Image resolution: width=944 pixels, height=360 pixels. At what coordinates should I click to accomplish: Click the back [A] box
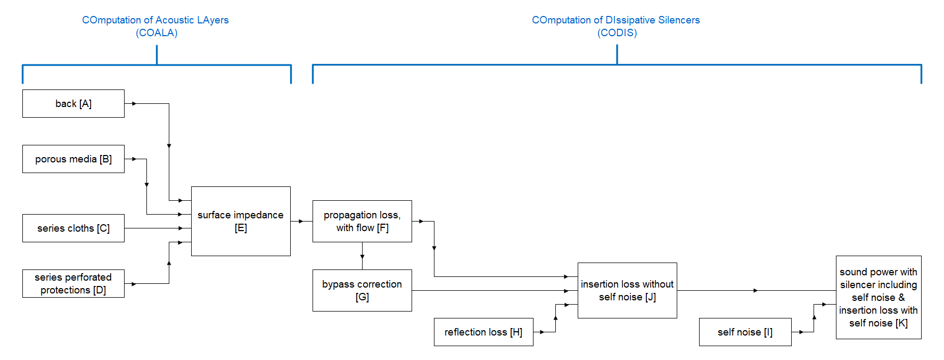click(x=73, y=103)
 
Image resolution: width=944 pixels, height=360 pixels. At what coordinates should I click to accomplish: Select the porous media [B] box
click(x=73, y=159)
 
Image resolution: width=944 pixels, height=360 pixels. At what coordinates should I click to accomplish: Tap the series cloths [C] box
click(x=73, y=228)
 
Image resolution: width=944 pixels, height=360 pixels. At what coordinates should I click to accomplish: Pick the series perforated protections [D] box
click(x=73, y=283)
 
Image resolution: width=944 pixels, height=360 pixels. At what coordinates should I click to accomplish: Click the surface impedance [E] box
click(x=241, y=221)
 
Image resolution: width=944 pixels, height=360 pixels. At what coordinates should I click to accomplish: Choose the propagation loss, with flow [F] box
click(x=362, y=221)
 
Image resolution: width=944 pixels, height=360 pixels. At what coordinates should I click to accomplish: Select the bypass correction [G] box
click(x=362, y=290)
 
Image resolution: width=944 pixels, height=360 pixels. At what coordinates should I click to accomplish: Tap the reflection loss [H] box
click(x=483, y=332)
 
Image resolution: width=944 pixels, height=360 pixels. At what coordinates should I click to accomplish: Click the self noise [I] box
click(x=745, y=332)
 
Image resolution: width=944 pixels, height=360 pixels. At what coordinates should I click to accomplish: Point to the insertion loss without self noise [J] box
click(x=627, y=290)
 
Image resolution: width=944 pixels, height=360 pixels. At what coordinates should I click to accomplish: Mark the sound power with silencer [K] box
click(x=879, y=297)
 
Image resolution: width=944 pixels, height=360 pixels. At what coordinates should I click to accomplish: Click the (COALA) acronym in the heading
click(x=157, y=32)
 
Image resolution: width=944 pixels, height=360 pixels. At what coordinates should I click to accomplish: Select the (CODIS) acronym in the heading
click(x=617, y=32)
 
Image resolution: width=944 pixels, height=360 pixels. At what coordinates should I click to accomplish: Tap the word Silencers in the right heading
click(x=679, y=20)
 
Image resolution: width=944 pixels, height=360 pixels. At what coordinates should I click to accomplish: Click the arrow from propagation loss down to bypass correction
click(x=362, y=256)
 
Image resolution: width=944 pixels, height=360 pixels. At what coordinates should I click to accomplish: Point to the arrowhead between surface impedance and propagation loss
click(x=301, y=221)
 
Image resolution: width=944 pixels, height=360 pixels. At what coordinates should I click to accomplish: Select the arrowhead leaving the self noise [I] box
click(x=801, y=332)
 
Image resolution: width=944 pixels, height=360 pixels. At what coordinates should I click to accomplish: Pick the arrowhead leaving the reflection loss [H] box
click(x=541, y=332)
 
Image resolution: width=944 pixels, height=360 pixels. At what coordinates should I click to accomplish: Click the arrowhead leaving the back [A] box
click(x=134, y=103)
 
